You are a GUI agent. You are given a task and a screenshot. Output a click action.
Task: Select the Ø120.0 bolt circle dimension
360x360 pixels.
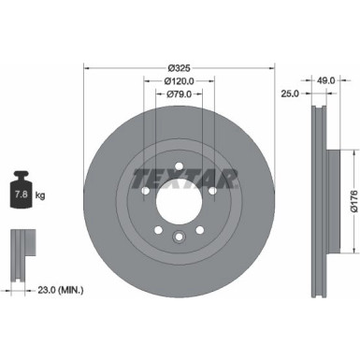point(180,81)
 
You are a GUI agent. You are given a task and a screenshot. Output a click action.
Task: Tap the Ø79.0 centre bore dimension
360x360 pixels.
point(180,94)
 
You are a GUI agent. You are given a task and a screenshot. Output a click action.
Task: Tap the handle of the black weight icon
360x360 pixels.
point(20,175)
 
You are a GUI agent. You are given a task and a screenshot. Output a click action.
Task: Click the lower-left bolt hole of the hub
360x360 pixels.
point(159,230)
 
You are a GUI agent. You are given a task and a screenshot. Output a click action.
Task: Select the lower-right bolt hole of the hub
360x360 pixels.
point(201,230)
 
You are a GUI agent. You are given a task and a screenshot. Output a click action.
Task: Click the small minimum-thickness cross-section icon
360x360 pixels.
point(20,244)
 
